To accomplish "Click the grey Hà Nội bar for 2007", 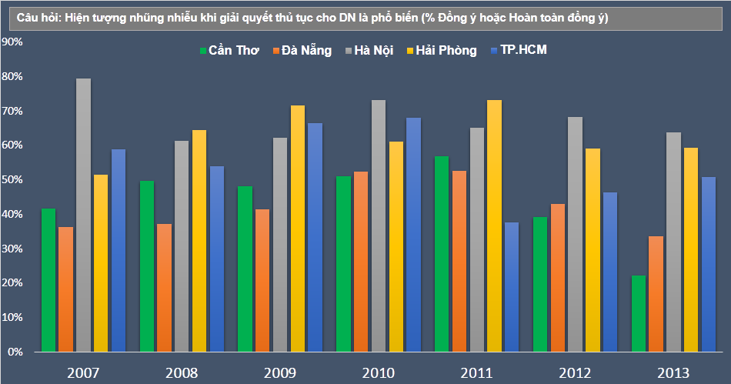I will [83, 215].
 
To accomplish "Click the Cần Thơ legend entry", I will [229, 51].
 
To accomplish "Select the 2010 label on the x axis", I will [378, 373].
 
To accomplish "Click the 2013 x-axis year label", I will [673, 373].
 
